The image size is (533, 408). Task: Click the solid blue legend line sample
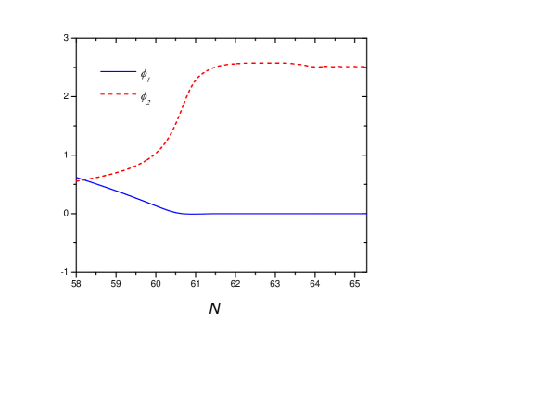point(119,70)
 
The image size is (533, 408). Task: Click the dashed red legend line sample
point(119,94)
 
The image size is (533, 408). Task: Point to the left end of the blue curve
point(77,178)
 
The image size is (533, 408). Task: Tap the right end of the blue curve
point(365,214)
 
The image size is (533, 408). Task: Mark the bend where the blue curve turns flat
point(178,213)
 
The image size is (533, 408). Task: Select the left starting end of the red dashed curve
point(77,181)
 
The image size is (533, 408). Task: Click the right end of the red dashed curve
point(365,67)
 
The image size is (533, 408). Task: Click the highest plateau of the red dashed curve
point(260,63)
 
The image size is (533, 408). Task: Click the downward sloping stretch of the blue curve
point(130,195)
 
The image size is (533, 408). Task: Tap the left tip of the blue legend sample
point(100,70)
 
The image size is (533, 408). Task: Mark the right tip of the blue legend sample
point(136,70)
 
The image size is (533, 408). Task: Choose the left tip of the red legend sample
point(100,94)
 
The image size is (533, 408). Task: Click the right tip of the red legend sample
point(136,94)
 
